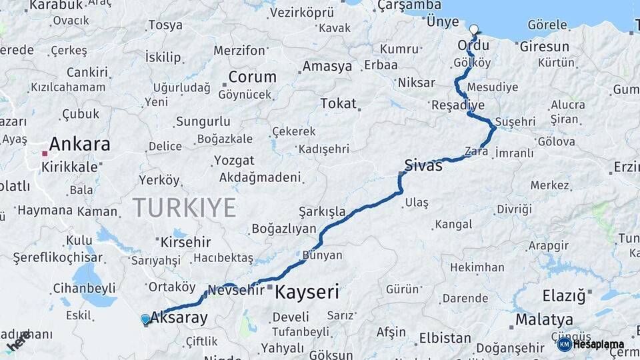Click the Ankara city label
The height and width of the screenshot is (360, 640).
[79, 144]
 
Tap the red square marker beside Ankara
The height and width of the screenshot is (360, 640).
[45, 153]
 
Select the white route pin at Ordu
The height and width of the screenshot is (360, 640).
[474, 30]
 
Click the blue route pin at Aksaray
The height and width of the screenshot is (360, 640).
[145, 319]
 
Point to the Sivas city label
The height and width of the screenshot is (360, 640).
[423, 165]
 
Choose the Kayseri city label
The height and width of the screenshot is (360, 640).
[307, 291]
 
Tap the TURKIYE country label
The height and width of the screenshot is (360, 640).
[185, 207]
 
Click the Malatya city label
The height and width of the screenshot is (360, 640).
[544, 319]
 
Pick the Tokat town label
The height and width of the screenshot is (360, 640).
[338, 103]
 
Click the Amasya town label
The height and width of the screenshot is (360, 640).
[327, 66]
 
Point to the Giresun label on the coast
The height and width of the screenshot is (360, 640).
[545, 47]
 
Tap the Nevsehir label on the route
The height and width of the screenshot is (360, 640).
[236, 290]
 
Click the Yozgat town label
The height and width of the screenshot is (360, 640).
[234, 161]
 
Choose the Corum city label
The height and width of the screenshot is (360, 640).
[252, 77]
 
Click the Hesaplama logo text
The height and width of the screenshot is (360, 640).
[598, 345]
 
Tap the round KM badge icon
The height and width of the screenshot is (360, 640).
[564, 344]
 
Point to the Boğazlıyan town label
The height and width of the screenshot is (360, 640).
[283, 229]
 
